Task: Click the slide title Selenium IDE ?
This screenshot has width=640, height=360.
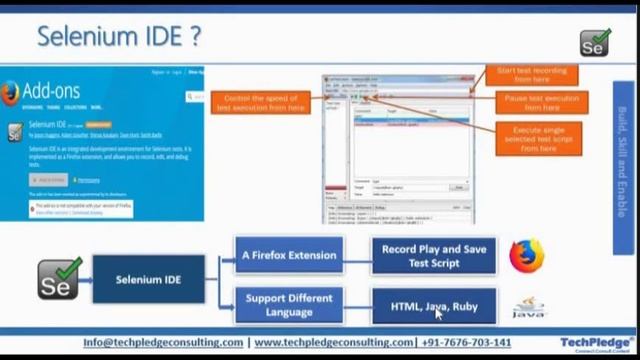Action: pyautogui.click(x=118, y=36)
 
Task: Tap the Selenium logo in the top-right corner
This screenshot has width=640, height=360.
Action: pyautogui.click(x=595, y=42)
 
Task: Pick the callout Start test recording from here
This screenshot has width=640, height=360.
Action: pyautogui.click(x=532, y=74)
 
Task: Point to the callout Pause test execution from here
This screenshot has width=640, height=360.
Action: pyautogui.click(x=540, y=102)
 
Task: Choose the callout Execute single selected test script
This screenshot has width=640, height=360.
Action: pyautogui.click(x=538, y=138)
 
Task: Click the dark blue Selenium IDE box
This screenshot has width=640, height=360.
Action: pyautogui.click(x=148, y=280)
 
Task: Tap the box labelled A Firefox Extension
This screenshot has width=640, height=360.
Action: pyautogui.click(x=288, y=256)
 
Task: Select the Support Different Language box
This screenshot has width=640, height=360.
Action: pyautogui.click(x=288, y=305)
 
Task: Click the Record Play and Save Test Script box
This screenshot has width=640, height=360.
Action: pyautogui.click(x=433, y=256)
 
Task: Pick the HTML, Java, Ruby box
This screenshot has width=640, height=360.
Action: pyautogui.click(x=433, y=306)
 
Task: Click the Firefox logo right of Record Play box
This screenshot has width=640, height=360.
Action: pyautogui.click(x=526, y=255)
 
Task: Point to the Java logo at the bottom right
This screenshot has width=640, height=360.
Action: pyautogui.click(x=528, y=308)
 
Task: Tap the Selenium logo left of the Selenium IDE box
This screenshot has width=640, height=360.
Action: pyautogui.click(x=58, y=279)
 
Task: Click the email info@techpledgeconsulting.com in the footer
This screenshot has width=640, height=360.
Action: pyautogui.click(x=163, y=342)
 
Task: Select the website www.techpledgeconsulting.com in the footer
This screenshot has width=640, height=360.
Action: pyautogui.click(x=333, y=342)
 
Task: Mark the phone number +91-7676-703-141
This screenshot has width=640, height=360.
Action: pyautogui.click(x=467, y=342)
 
